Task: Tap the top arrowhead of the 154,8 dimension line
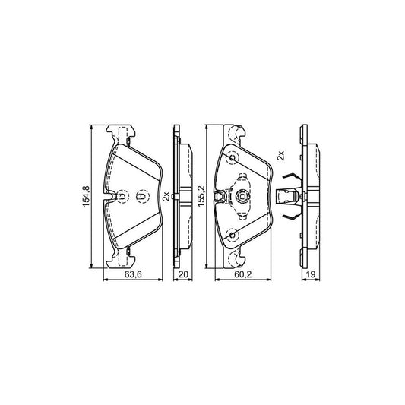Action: [x=92, y=128]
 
